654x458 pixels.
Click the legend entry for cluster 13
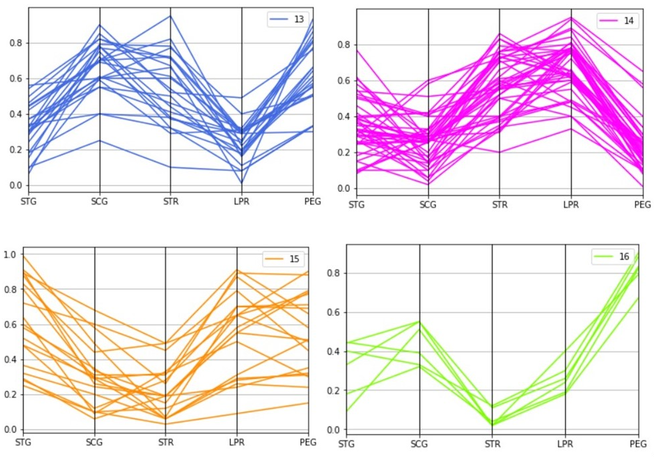pyautogui.click(x=287, y=19)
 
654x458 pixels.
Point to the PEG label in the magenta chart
pyautogui.click(x=642, y=204)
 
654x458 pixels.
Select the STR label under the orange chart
pyautogui.click(x=166, y=442)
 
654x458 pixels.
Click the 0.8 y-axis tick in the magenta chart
pyautogui.click(x=341, y=45)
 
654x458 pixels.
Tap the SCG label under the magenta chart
pyautogui.click(x=428, y=204)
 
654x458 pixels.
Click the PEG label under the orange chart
pyautogui.click(x=307, y=442)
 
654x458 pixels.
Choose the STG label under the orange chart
pyautogui.click(x=23, y=442)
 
